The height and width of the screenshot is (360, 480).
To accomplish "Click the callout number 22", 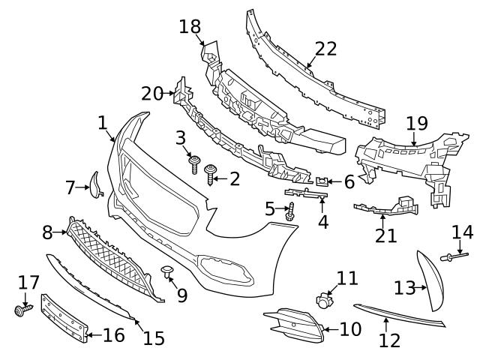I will click(x=325, y=49).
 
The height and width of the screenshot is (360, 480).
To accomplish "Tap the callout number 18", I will click(x=190, y=27).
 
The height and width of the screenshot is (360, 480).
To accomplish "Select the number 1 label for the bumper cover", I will click(x=103, y=122).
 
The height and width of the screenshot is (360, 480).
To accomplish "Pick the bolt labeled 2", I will click(x=211, y=178).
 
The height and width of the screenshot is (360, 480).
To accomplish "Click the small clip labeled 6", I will click(x=323, y=181).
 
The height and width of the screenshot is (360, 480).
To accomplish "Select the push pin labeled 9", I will click(x=168, y=271).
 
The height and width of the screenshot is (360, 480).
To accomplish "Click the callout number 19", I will click(x=416, y=123).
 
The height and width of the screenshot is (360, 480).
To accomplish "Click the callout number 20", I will click(x=151, y=93).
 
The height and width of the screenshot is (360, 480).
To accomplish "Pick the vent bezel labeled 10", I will click(x=294, y=324).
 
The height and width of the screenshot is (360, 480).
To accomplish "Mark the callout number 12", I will click(x=389, y=340).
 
